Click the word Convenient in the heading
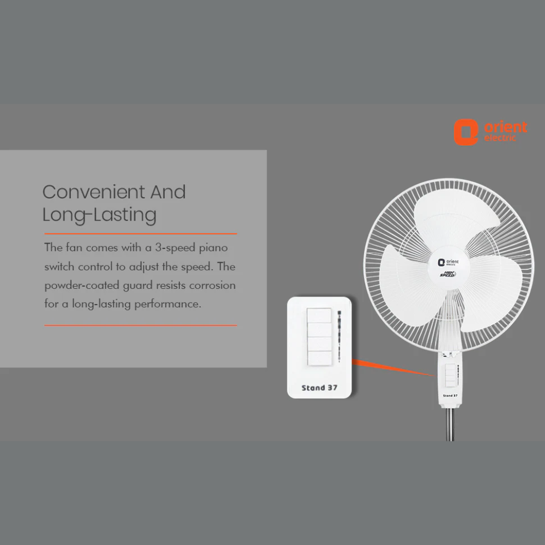94,192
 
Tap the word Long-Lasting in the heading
99,215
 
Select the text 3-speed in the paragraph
175,248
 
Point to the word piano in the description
214,248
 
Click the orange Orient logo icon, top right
466,132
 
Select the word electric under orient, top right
500,138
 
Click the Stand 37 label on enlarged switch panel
319,388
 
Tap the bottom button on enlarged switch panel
319,358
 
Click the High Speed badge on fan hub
447,274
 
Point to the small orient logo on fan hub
449,262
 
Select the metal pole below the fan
450,425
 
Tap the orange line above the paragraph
141,234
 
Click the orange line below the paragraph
141,325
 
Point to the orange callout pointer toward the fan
394,368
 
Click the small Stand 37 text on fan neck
450,396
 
